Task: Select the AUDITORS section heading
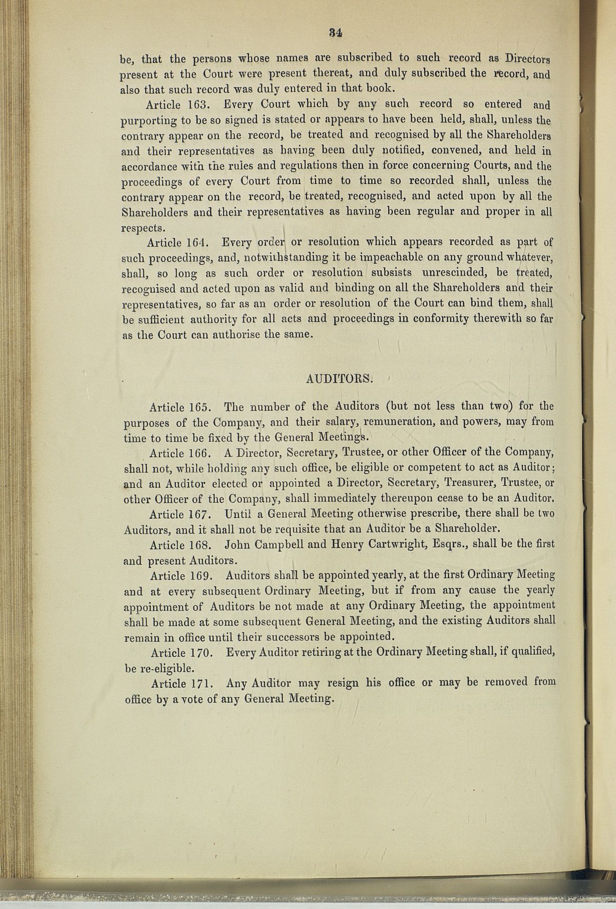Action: (338, 379)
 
